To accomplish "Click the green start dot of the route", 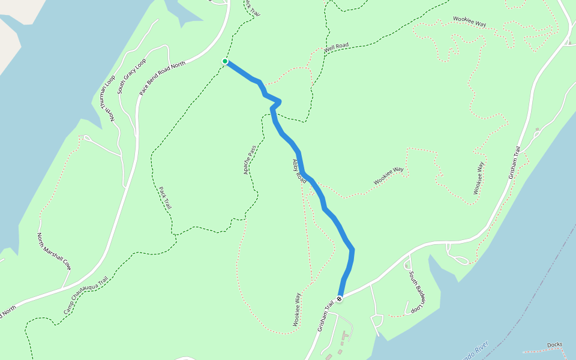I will click(x=225, y=61).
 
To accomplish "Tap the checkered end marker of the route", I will click(x=340, y=298).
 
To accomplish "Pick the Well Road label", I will click(x=337, y=48).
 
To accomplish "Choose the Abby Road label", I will click(x=299, y=170).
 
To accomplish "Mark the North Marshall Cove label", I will click(x=54, y=251).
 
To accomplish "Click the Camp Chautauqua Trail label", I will click(x=86, y=295).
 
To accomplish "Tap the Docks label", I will click(x=555, y=345).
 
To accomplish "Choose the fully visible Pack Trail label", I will click(x=165, y=197).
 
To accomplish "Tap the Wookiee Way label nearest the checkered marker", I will click(x=297, y=310).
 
